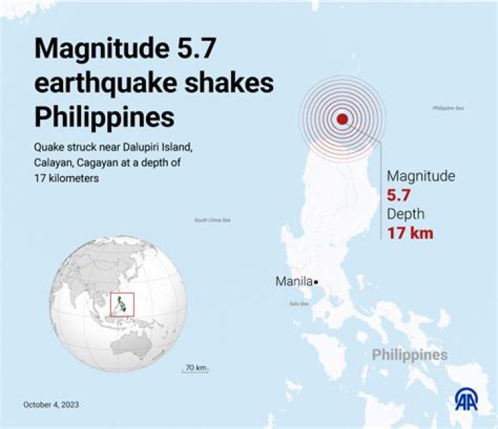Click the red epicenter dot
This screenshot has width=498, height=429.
click(342, 119)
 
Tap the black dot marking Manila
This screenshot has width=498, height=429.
click(315, 282)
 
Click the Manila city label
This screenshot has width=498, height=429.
click(294, 282)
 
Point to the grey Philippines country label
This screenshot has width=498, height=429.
click(409, 355)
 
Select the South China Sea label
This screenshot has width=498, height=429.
click(212, 220)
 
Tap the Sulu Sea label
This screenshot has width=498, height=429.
click(299, 303)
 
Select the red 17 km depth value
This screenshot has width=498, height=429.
click(409, 233)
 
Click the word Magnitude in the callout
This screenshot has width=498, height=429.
click(421, 176)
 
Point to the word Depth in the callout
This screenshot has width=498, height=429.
click(405, 213)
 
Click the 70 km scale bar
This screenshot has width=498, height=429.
click(196, 369)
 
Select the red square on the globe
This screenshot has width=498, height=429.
click(122, 303)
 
